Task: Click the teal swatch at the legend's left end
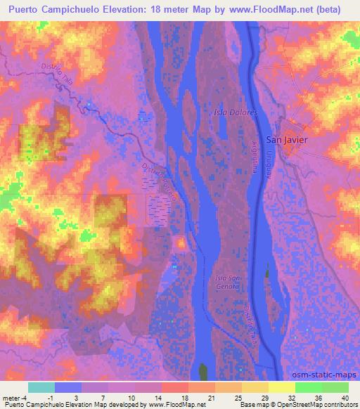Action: click(x=41, y=387)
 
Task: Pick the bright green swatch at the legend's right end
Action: click(x=335, y=387)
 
